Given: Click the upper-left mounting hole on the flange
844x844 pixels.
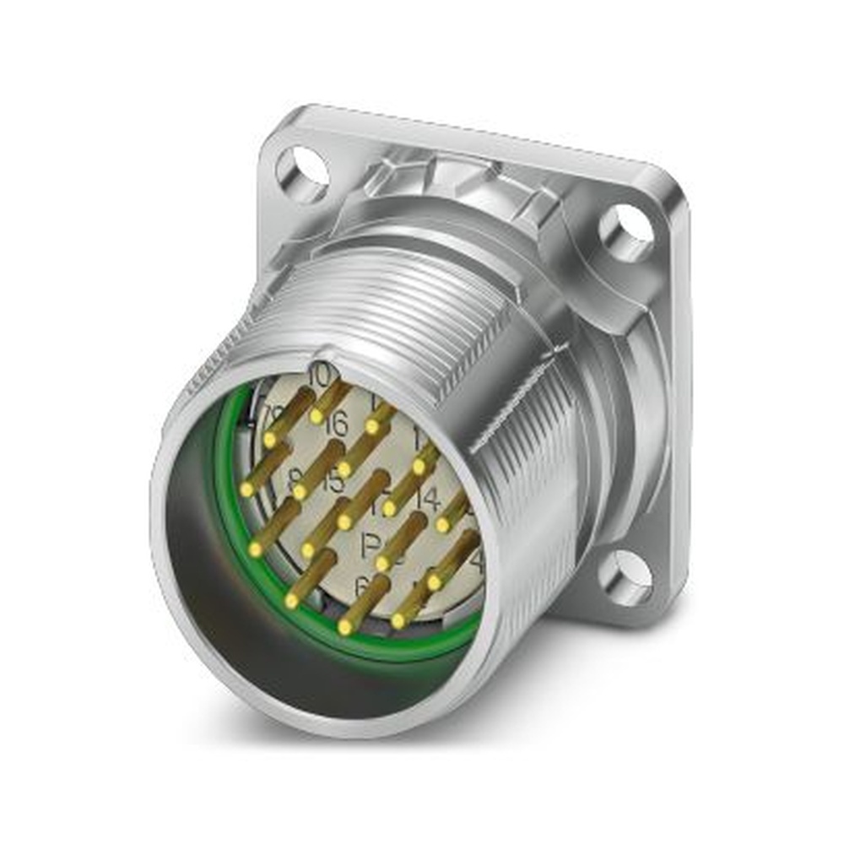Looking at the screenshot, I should click(x=300, y=172).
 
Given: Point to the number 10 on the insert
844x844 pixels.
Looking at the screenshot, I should click(x=320, y=375).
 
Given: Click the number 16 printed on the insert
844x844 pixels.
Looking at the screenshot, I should click(x=335, y=425).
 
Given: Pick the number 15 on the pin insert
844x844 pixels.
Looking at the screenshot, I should click(x=333, y=482).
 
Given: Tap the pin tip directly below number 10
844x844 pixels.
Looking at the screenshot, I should click(x=316, y=415).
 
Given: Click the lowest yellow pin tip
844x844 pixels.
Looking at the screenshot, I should click(x=344, y=628).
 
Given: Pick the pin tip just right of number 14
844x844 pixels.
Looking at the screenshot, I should click(x=442, y=524).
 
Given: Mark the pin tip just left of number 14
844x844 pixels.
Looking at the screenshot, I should click(x=389, y=508).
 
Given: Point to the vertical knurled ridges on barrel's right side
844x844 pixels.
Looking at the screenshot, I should click(x=540, y=473).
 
